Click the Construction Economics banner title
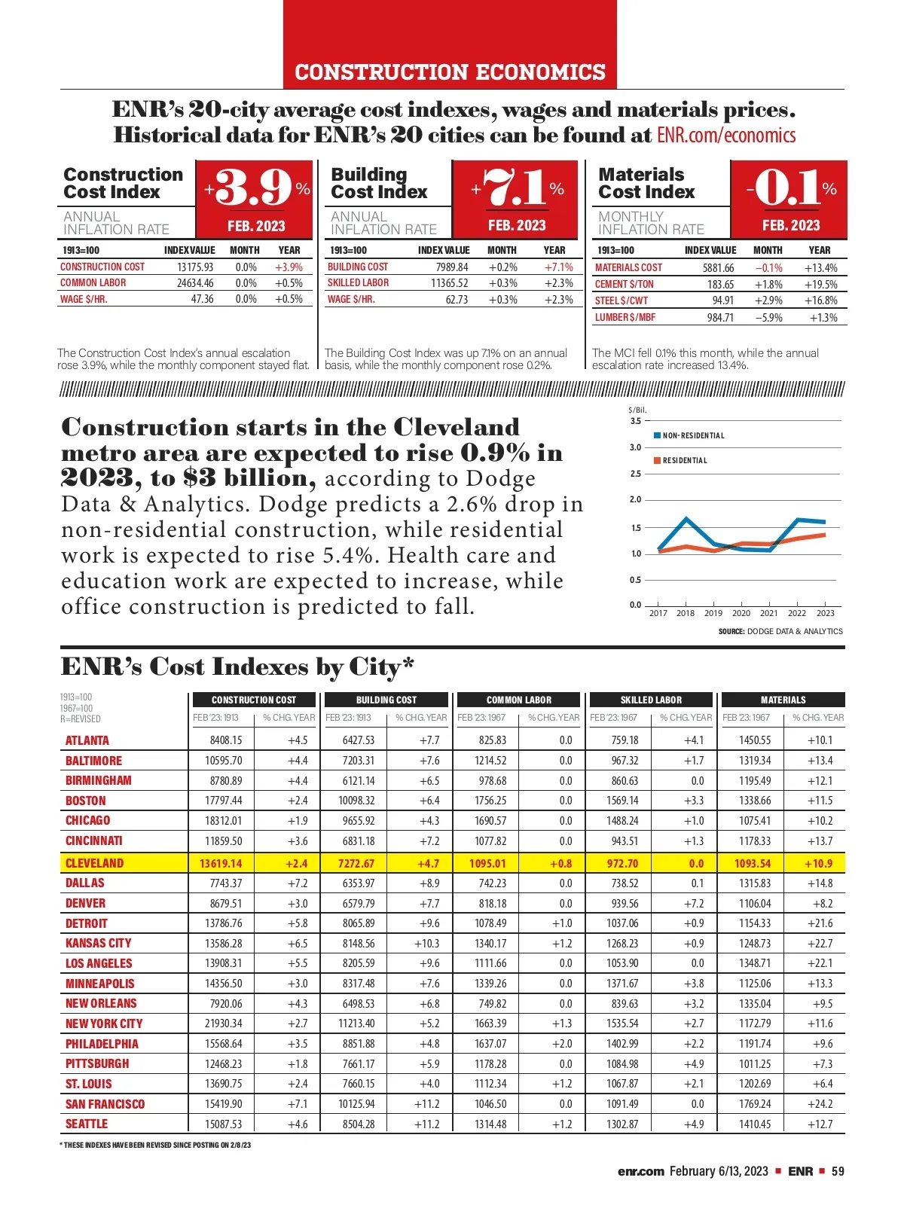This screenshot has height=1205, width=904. [x=450, y=72]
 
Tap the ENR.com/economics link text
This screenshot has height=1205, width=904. [x=726, y=136]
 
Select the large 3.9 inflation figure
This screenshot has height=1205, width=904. [x=254, y=188]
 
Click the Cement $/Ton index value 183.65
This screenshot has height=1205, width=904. [x=720, y=285]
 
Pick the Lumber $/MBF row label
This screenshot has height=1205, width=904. [x=625, y=318]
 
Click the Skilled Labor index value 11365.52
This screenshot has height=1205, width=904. [x=449, y=283]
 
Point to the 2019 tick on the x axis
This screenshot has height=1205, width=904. [x=713, y=613]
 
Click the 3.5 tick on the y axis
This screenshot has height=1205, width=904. [x=636, y=421]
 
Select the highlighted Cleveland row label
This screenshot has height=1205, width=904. [x=94, y=863]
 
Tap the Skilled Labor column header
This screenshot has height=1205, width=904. [x=651, y=700]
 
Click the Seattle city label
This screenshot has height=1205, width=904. [x=87, y=1124]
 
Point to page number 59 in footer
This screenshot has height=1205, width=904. [x=838, y=1171]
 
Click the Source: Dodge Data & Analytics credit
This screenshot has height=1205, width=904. [x=780, y=631]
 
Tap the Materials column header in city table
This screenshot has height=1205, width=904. [x=783, y=700]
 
